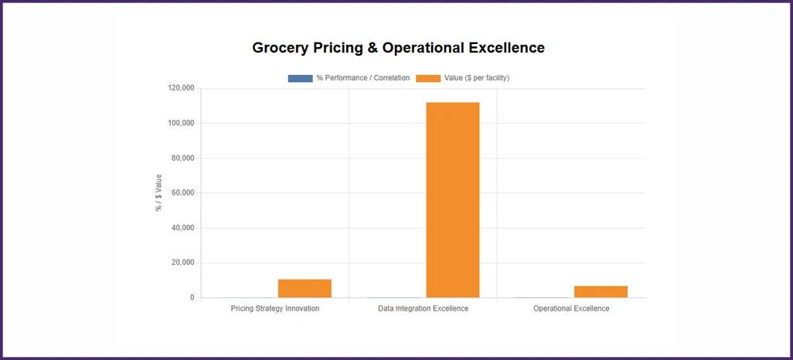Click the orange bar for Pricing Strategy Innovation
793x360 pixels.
(305, 288)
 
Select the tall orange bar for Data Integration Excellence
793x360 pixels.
(453, 199)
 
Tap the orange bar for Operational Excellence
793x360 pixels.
(601, 291)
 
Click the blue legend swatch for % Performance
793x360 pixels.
(300, 78)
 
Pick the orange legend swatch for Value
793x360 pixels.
(428, 78)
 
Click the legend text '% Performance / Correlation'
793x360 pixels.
(363, 78)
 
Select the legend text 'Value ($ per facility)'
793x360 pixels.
(476, 78)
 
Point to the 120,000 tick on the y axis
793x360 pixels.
(181, 88)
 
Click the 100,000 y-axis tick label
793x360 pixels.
(181, 123)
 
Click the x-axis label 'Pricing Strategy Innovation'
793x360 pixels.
(275, 309)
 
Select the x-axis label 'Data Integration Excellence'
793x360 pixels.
(423, 309)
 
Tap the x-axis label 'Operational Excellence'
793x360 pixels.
(571, 309)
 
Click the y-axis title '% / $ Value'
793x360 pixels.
(159, 192)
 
